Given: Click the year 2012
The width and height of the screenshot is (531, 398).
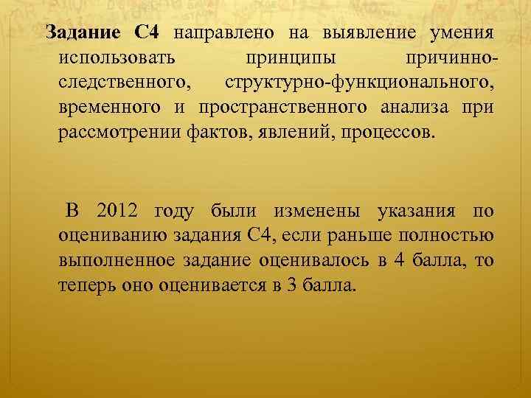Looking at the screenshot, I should coord(118,211).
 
